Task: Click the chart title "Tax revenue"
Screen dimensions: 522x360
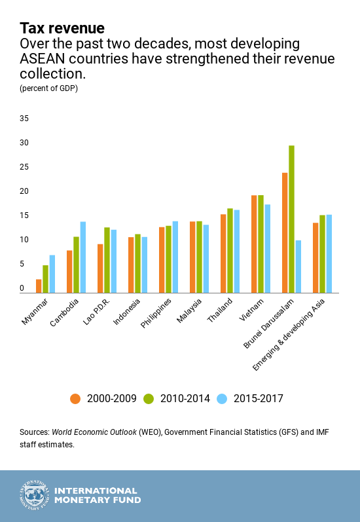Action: [x=62, y=28]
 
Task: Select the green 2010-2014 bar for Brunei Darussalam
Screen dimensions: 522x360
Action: [x=291, y=219]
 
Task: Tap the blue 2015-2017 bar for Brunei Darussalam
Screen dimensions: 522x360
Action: [x=298, y=266]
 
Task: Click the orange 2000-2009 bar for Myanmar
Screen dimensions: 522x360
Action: [x=39, y=286]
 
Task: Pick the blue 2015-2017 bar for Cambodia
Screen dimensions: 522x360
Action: [x=83, y=257]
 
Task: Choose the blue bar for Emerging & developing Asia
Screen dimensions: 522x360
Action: [x=329, y=253]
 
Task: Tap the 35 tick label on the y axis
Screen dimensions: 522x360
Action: [x=24, y=119]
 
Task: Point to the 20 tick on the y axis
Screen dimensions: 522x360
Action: [x=24, y=191]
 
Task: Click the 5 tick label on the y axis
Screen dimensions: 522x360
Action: [x=22, y=264]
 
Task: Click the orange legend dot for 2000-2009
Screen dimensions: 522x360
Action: [x=75, y=398]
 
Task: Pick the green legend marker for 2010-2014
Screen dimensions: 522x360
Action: [x=149, y=398]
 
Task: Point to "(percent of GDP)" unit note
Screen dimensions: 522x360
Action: [x=49, y=88]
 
